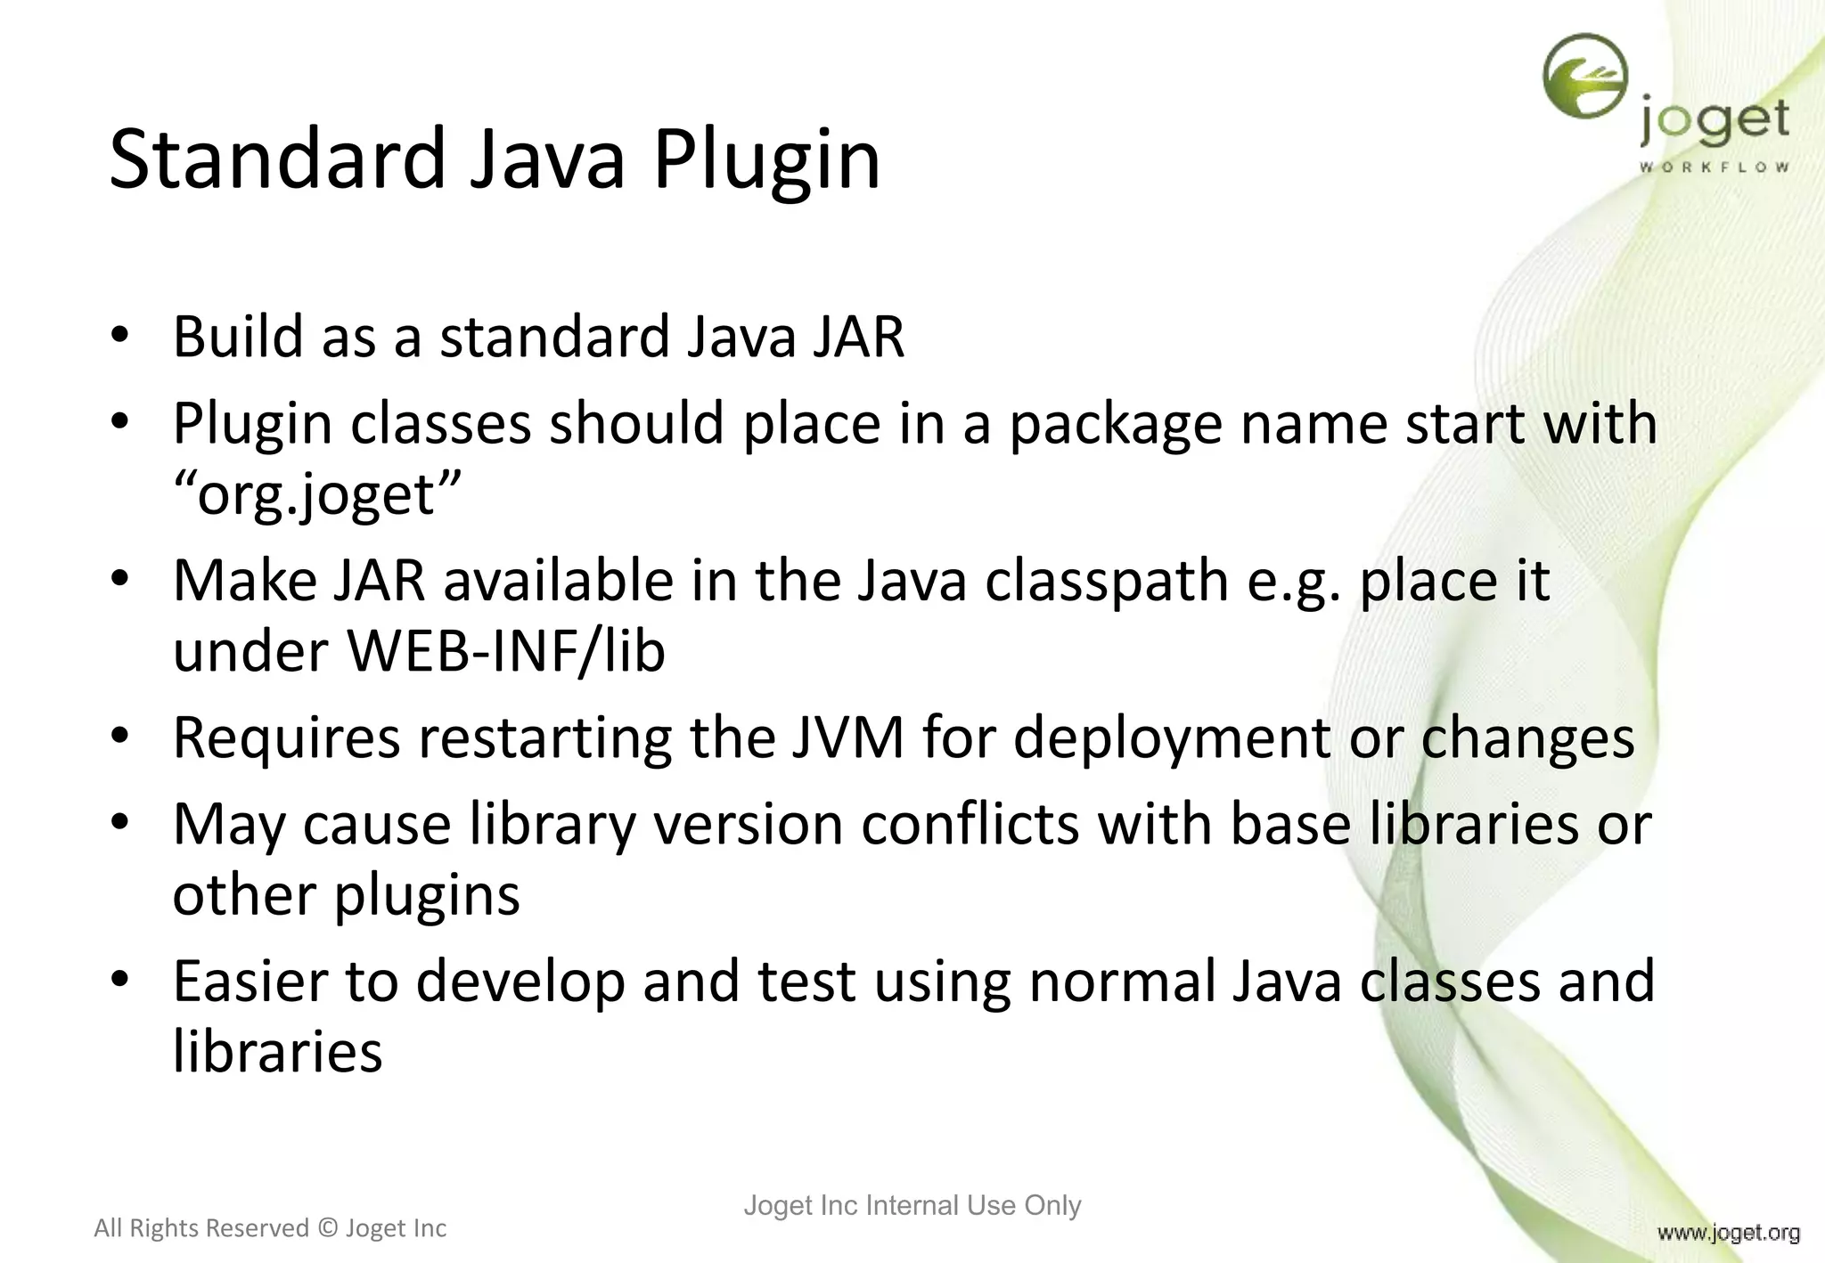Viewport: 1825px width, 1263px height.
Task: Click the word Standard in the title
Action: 276,160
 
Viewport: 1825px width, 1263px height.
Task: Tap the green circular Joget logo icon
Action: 1585,77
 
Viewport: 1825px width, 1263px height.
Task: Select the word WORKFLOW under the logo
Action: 1714,167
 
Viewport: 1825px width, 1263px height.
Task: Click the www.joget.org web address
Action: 1728,1233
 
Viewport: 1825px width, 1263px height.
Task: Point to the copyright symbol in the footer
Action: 327,1228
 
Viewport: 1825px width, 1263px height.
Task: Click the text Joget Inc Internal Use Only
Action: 912,1205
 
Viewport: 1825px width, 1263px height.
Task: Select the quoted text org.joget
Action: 317,494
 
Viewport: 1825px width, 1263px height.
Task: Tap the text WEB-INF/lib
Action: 506,650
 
